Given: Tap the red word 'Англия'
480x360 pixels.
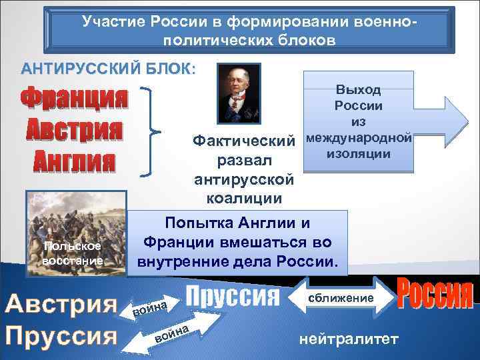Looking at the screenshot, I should (x=74, y=161).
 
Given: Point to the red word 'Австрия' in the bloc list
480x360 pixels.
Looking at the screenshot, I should (x=74, y=130).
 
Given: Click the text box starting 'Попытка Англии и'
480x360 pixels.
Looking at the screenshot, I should (x=238, y=243).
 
